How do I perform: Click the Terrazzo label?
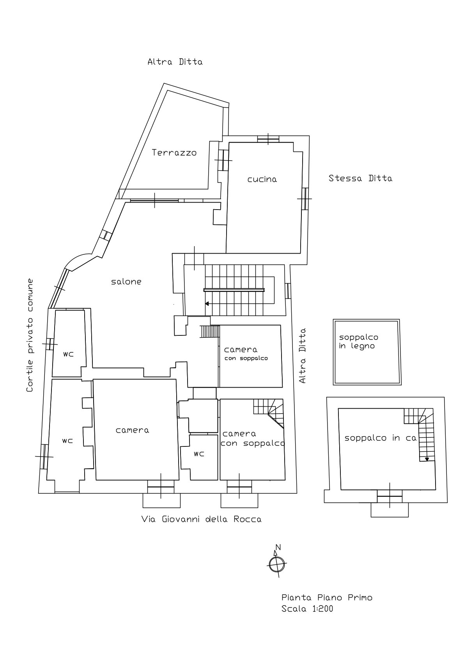[174, 153]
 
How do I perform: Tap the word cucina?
[262, 179]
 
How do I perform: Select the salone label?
[126, 282]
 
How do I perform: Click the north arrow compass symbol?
[277, 563]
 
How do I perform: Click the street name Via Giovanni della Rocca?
[201, 519]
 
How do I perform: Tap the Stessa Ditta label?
[360, 178]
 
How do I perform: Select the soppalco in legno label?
[358, 342]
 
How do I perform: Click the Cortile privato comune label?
[30, 335]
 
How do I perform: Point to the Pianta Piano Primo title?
[327, 598]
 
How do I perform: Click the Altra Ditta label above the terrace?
[175, 62]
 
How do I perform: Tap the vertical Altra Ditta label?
[303, 356]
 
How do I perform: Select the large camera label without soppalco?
[132, 430]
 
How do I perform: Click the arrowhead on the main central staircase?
[207, 304]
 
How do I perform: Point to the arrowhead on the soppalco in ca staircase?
[427, 459]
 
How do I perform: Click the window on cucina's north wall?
[268, 139]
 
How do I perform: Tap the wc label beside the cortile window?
[69, 354]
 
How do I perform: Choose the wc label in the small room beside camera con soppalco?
[199, 454]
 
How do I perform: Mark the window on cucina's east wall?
[305, 198]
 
